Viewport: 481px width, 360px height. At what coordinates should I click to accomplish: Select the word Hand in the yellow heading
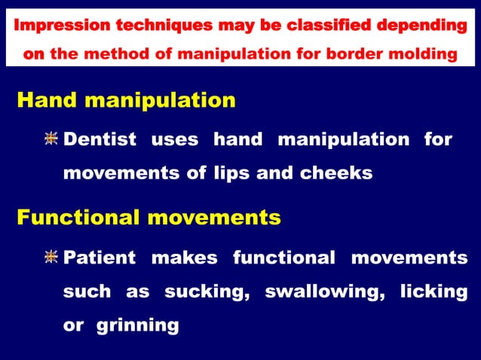(x=44, y=100)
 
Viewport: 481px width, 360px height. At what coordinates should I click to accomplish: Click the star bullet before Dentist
(x=51, y=139)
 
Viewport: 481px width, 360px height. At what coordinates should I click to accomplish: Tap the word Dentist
(x=100, y=139)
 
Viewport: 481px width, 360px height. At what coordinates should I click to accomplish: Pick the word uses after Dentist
(x=175, y=139)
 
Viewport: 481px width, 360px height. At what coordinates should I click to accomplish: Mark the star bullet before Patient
(x=51, y=258)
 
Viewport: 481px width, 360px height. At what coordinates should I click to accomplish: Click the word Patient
(x=100, y=258)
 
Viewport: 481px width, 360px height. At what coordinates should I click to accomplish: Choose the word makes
(x=185, y=258)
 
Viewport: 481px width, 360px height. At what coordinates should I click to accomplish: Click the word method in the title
(x=112, y=54)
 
